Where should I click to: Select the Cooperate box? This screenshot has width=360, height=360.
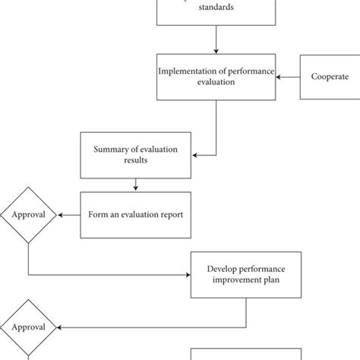[330, 77]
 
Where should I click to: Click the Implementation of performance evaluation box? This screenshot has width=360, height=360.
[216, 77]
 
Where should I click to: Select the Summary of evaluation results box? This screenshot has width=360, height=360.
[136, 155]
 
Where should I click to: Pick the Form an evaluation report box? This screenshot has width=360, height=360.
[136, 214]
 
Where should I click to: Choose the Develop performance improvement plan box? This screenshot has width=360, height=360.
[245, 275]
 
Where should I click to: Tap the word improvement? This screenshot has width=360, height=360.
[233, 281]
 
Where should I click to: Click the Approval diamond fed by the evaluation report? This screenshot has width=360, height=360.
[28, 214]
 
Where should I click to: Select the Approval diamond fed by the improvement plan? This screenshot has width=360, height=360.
[28, 327]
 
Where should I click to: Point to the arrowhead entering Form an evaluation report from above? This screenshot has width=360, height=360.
[136, 188]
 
